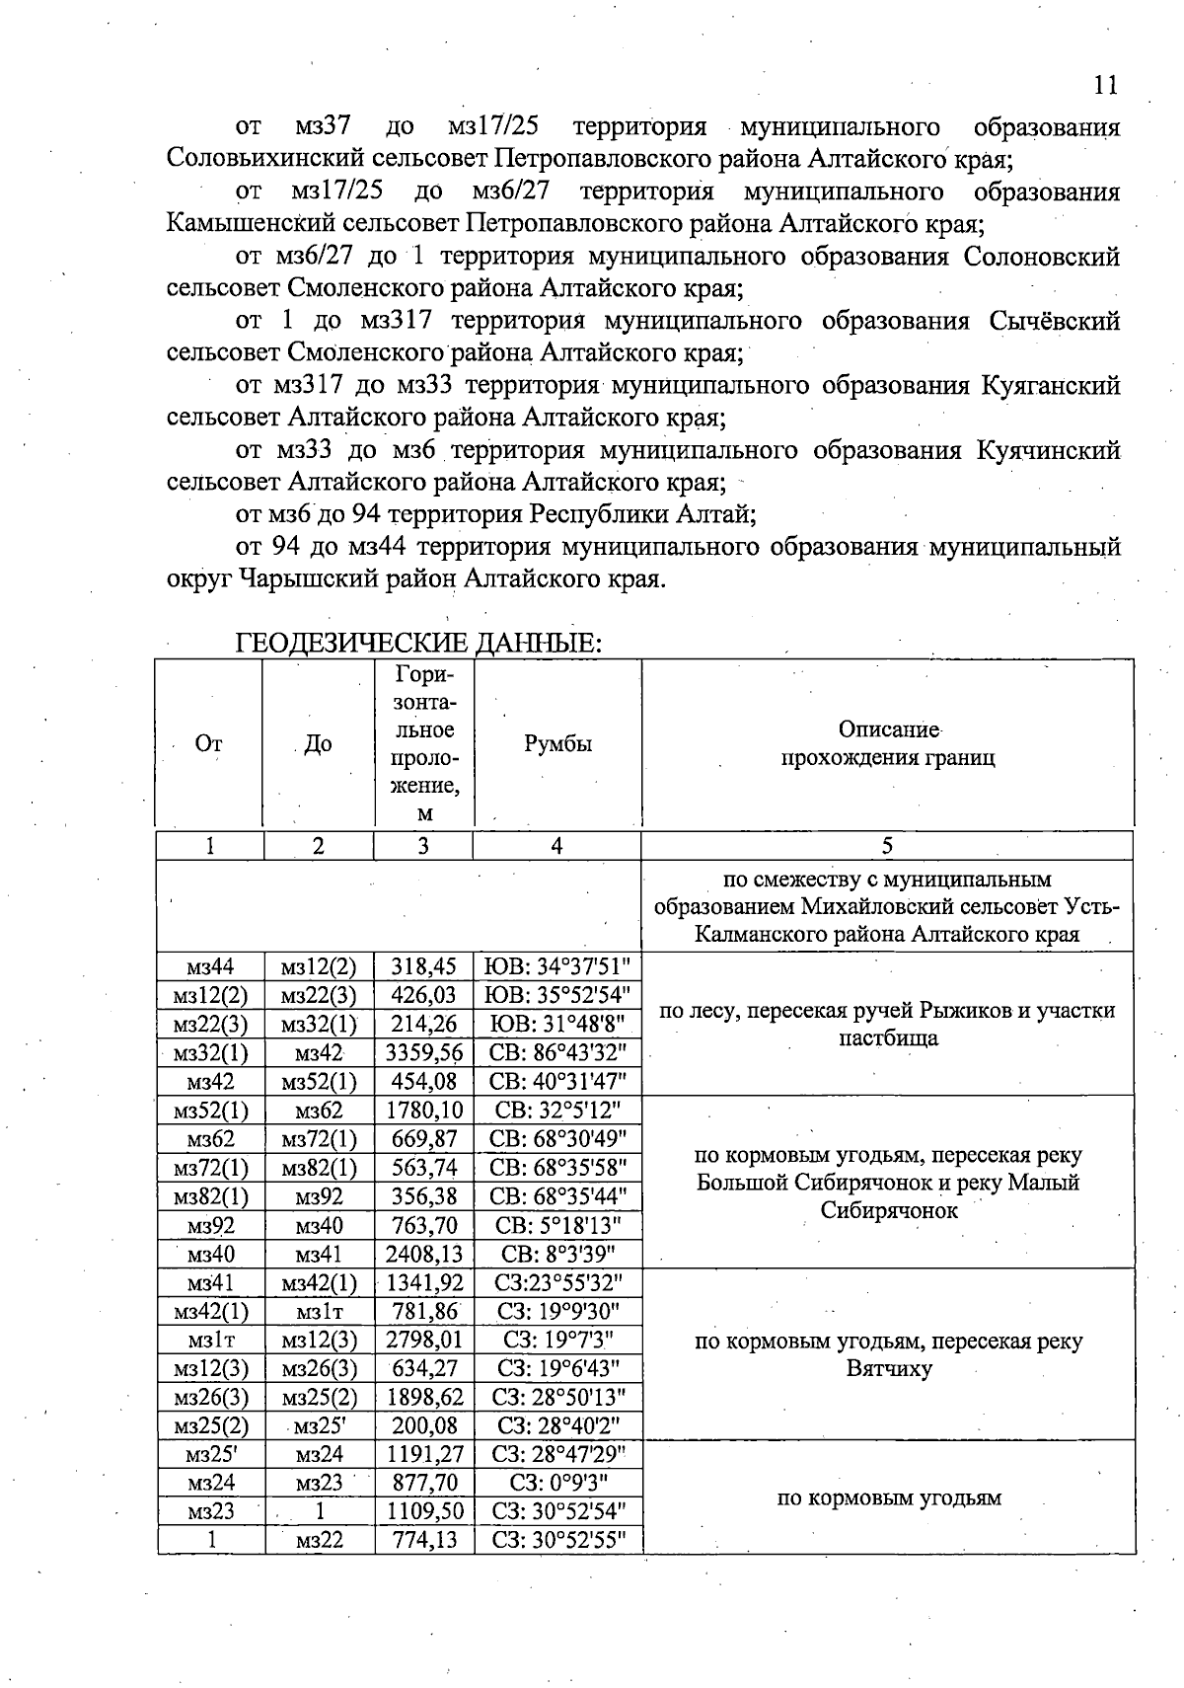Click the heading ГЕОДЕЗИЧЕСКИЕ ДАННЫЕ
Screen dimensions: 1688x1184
[418, 644]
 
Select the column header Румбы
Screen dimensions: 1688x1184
[557, 744]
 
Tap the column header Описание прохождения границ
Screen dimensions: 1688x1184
[887, 743]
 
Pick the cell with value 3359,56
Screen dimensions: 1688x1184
[424, 1052]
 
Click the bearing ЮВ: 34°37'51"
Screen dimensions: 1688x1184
[557, 966]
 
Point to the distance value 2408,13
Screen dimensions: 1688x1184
[424, 1254]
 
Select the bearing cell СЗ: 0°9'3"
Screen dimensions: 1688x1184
[557, 1482]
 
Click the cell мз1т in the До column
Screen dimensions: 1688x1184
[319, 1311]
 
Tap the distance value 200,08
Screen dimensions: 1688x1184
[424, 1425]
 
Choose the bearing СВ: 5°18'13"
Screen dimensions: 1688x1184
[557, 1225]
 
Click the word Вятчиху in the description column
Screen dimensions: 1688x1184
[888, 1369]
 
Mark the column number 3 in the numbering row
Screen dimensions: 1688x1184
[423, 845]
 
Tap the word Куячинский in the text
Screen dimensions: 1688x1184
[1048, 450]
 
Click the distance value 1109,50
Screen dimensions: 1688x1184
[424, 1510]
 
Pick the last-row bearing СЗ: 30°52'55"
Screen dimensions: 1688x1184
[557, 1539]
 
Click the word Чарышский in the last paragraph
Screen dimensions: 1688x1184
[309, 578]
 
